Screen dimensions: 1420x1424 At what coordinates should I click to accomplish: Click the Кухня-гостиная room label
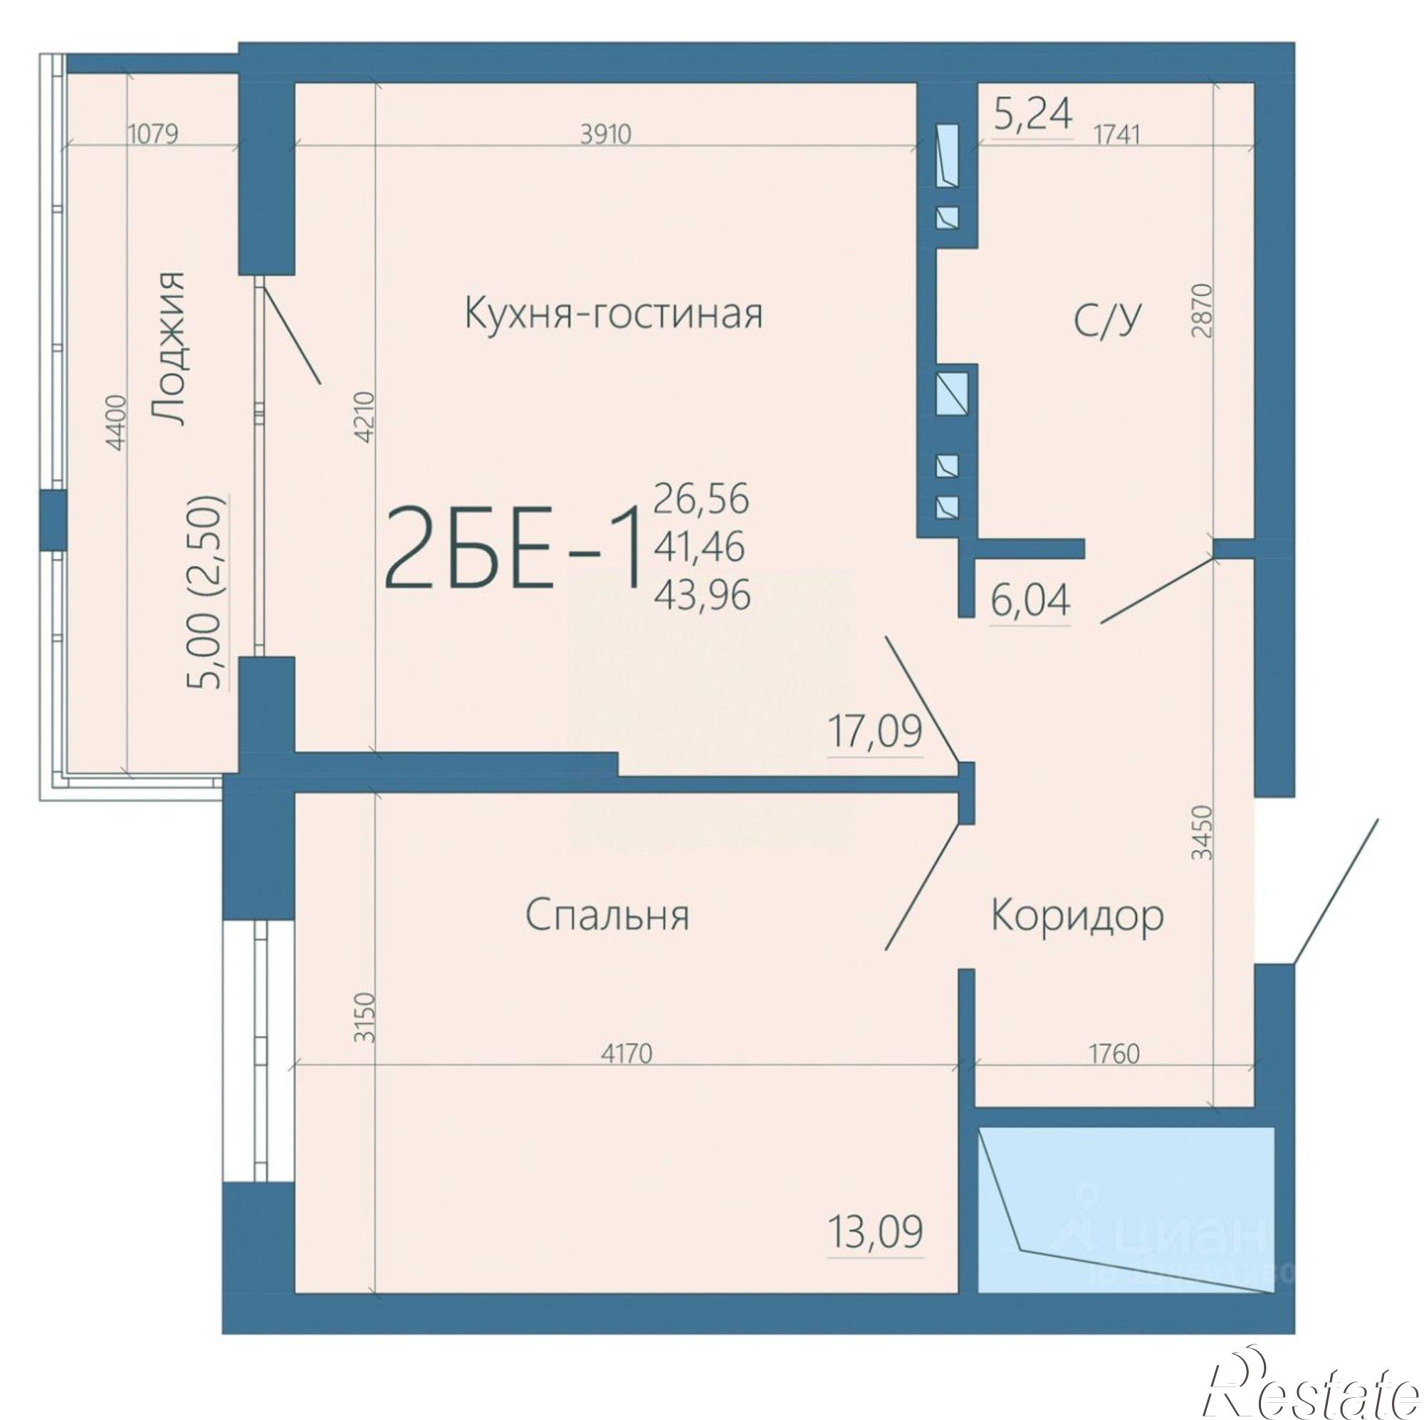pos(613,313)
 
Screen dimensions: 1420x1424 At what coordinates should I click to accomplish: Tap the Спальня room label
pos(607,916)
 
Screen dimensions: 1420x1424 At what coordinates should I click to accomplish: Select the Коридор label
pos(1077,916)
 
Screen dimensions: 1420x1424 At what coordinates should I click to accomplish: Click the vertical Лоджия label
pos(167,348)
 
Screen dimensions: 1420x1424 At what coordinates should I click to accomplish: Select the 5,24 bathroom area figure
pos(1032,113)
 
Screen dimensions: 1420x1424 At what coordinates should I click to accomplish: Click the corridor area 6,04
pos(1030,601)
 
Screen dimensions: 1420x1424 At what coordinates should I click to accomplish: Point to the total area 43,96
pos(702,594)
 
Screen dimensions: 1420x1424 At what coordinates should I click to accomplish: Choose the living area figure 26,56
pos(702,499)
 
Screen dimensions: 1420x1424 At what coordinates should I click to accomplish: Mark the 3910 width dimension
pos(606,135)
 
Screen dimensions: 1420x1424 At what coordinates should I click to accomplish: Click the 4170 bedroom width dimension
pos(627,1054)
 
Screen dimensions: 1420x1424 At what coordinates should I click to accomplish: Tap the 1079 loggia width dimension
pos(153,135)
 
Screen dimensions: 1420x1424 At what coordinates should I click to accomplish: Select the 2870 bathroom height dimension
pos(1201,310)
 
